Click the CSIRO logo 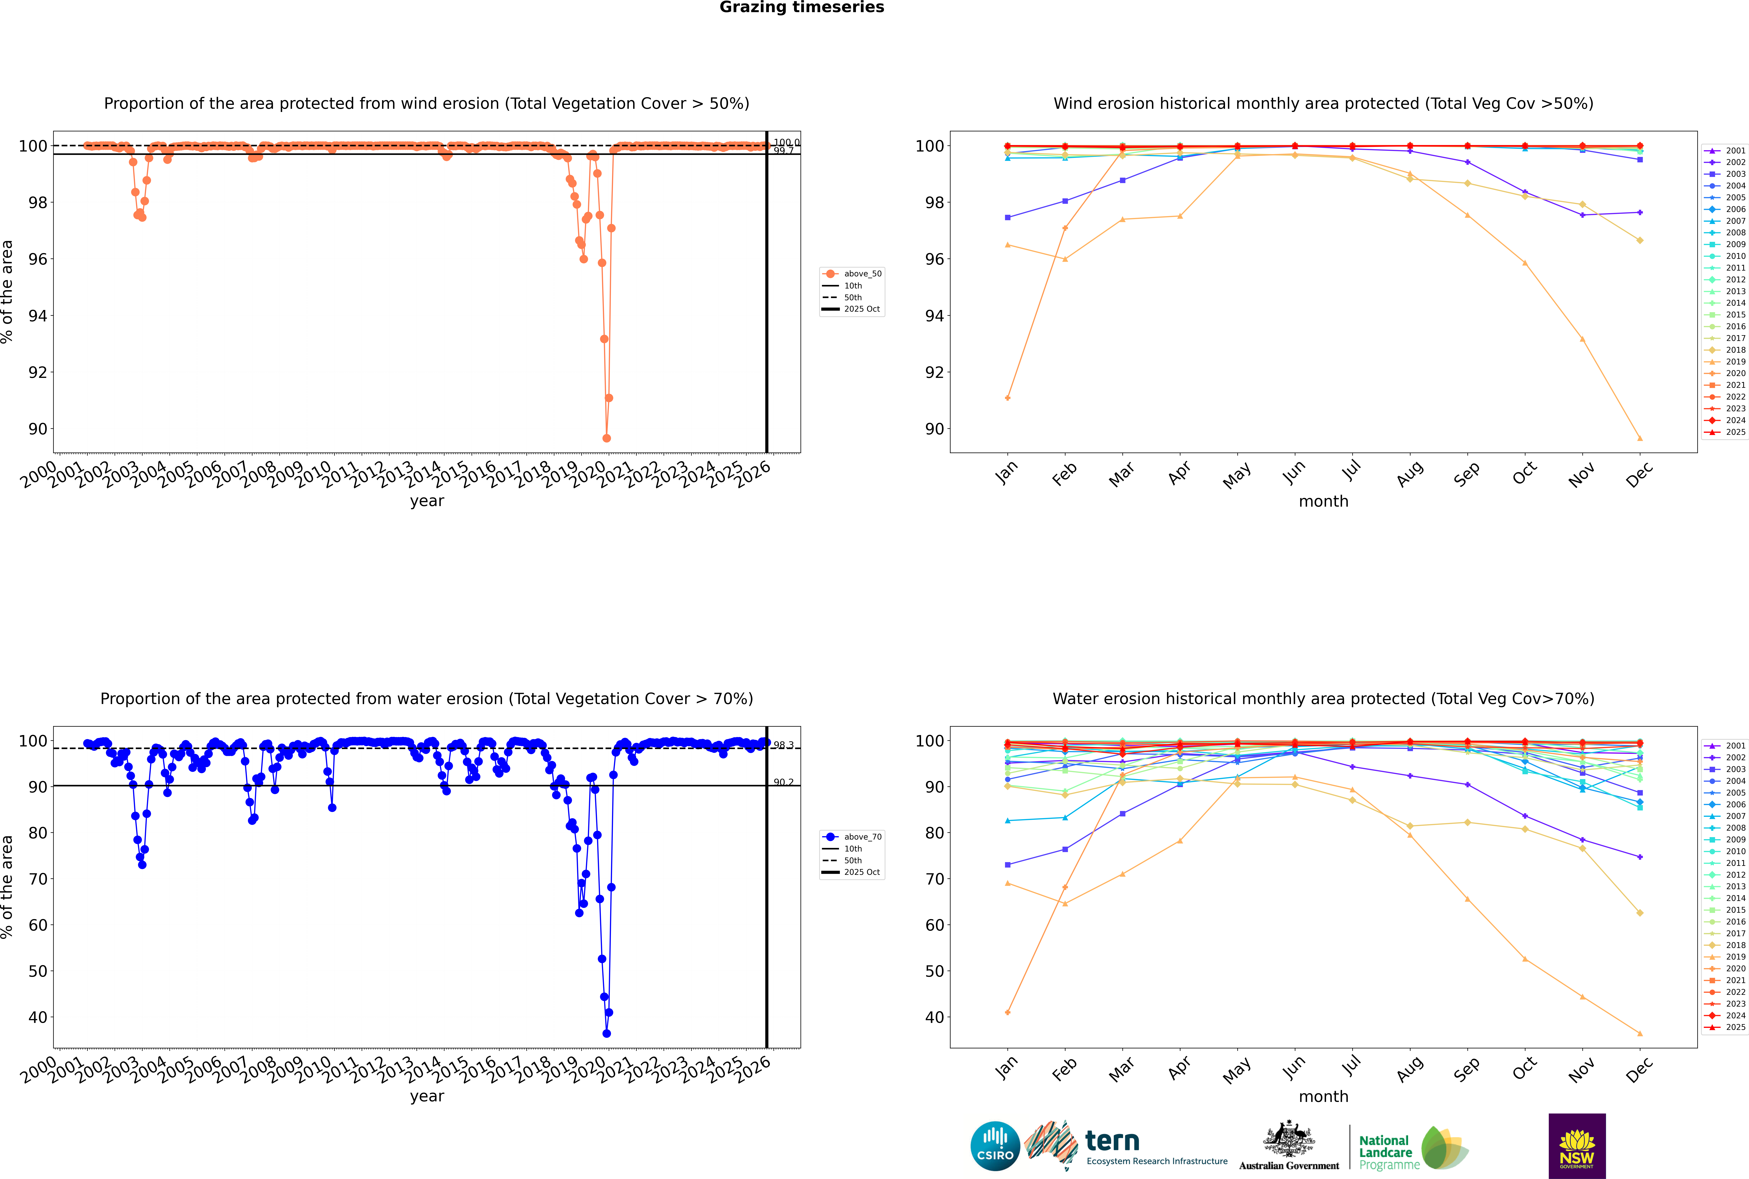[995, 1146]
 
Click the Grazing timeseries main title [802, 7]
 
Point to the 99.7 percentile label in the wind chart [784, 151]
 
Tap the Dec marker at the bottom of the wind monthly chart [1640, 438]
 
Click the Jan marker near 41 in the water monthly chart [1008, 1012]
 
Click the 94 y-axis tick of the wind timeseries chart [38, 316]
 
